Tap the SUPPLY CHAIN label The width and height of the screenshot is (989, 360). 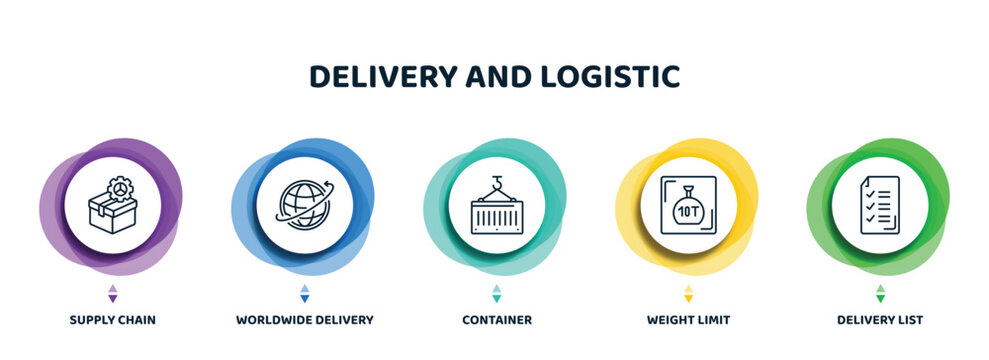pos(112,320)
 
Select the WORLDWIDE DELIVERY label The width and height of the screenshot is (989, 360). pos(305,320)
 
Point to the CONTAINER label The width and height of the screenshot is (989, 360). pos(496,320)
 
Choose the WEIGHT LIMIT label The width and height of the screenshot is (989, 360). pos(688,320)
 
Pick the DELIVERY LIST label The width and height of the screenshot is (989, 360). pos(880,320)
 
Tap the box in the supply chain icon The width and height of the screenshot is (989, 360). pos(107,213)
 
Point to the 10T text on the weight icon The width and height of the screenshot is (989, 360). pos(688,212)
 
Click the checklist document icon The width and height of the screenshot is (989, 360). pos(880,205)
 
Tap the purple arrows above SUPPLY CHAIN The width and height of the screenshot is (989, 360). pos(112,293)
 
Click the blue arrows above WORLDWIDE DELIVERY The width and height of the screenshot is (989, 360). pos(305,293)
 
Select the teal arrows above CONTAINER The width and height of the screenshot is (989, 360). pos(496,293)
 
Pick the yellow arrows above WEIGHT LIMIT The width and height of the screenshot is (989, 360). pos(688,293)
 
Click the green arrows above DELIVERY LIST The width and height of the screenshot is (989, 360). pos(880,293)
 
